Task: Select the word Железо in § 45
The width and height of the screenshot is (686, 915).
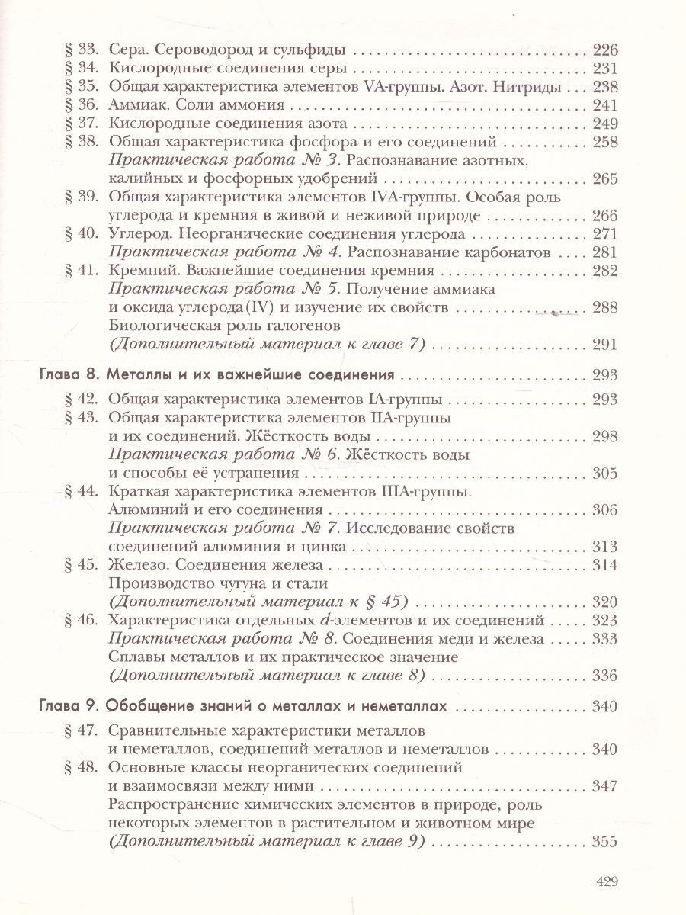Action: point(137,565)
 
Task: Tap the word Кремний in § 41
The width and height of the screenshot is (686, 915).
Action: point(140,270)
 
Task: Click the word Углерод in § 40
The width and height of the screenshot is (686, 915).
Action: point(138,233)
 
